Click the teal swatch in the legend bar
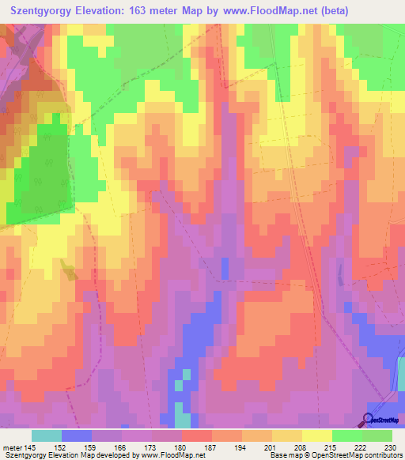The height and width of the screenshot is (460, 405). [x=47, y=435]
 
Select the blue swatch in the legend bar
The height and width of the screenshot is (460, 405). [x=77, y=435]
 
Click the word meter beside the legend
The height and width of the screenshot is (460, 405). [x=12, y=447]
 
